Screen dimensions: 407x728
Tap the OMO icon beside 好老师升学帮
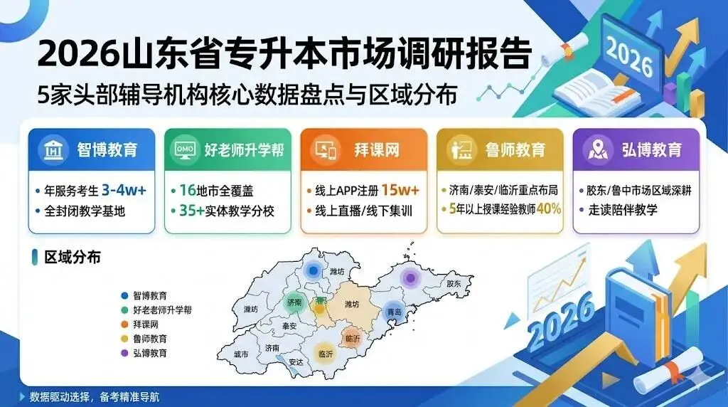[x=186, y=150]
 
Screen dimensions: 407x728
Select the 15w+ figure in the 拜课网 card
[x=400, y=190]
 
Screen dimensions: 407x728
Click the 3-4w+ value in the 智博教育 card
[x=124, y=190]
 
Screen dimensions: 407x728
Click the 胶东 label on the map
[x=454, y=283]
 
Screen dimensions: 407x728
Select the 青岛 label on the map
[x=393, y=312]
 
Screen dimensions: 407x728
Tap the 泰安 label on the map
[x=289, y=325]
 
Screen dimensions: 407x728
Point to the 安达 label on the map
[x=296, y=361]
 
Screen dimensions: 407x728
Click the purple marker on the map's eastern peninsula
[x=409, y=277]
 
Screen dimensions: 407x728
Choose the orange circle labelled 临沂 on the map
[x=351, y=338]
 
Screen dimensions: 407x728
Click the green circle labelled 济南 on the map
[x=294, y=302]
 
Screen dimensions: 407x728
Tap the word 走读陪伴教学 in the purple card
[x=622, y=210]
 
